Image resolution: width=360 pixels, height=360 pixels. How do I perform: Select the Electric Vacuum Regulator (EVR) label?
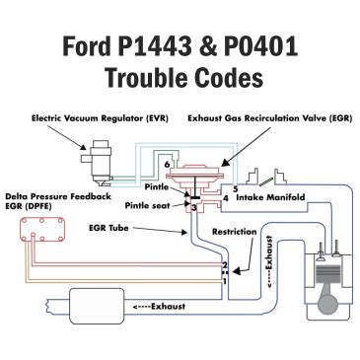coord(100,118)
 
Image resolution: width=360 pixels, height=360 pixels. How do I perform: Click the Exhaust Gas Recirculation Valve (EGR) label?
coord(270,118)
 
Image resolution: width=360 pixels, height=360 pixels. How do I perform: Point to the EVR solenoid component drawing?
coord(98,162)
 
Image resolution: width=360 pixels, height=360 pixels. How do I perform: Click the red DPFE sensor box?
coord(42,230)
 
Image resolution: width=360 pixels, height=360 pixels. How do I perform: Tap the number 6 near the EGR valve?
coord(167,164)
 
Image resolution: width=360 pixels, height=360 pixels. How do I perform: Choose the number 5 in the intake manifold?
coord(235,189)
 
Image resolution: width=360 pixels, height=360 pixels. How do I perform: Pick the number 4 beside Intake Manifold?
coord(226,198)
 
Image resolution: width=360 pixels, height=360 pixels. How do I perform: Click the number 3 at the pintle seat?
coord(194,207)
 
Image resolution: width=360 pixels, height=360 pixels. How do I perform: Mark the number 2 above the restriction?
coord(225,264)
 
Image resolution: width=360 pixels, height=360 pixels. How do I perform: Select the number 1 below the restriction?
coord(225,281)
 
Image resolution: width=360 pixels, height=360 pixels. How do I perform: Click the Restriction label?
coord(235,232)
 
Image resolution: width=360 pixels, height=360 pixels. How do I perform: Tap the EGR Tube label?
coord(108,228)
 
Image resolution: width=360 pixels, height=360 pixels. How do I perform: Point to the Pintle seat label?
coord(147,206)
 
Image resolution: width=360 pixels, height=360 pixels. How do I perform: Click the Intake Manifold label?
coord(270,197)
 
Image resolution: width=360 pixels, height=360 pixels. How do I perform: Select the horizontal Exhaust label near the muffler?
coord(159,307)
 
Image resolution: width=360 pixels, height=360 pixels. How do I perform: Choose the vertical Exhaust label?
coord(270,262)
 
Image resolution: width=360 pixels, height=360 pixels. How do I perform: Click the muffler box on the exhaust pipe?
coord(97,306)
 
